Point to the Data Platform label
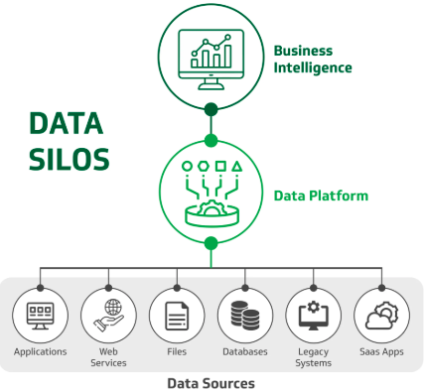[321, 196]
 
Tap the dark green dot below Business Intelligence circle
[210, 109]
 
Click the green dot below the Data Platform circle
[210, 243]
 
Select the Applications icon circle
[41, 315]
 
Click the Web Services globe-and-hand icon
[108, 315]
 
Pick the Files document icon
[177, 315]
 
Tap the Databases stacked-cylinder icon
[245, 315]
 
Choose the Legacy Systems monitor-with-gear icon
[313, 315]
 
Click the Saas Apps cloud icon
[381, 315]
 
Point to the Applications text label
[41, 351]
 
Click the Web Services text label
[108, 357]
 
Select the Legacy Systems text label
[313, 357]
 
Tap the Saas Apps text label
[381, 351]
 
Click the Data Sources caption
[210, 382]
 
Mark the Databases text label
[245, 351]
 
